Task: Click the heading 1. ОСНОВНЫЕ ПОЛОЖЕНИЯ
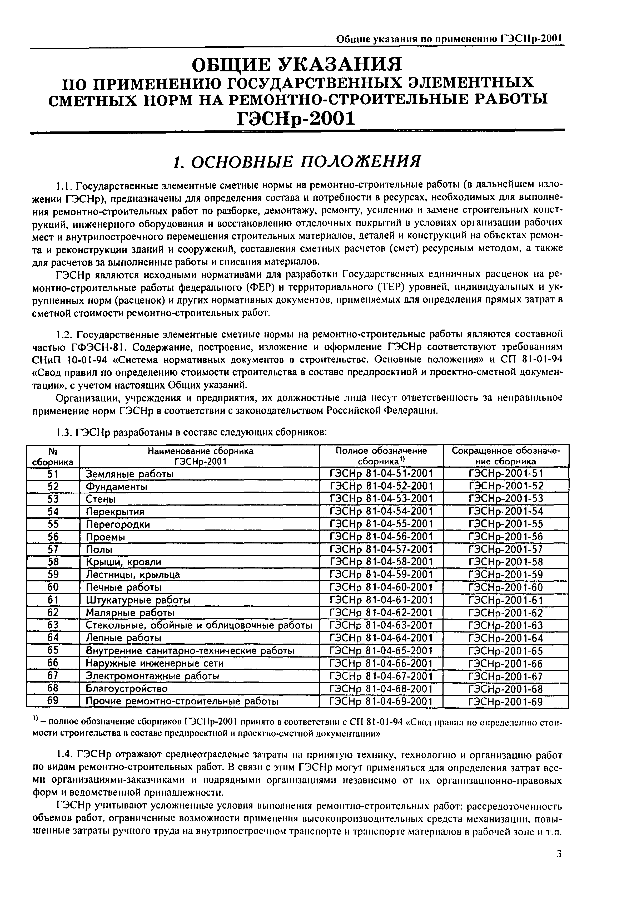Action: (297, 161)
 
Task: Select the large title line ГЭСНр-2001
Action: (297, 118)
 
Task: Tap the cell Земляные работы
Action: (130, 474)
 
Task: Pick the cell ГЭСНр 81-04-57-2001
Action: (381, 550)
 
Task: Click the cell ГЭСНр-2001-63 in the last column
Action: (505, 625)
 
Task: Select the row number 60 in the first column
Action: (53, 587)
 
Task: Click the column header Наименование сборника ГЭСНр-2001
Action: (200, 456)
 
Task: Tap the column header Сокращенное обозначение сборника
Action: (505, 456)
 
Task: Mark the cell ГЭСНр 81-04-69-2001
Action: (381, 702)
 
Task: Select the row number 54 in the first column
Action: (53, 511)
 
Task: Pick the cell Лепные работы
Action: (123, 638)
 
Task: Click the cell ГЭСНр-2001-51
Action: (505, 474)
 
